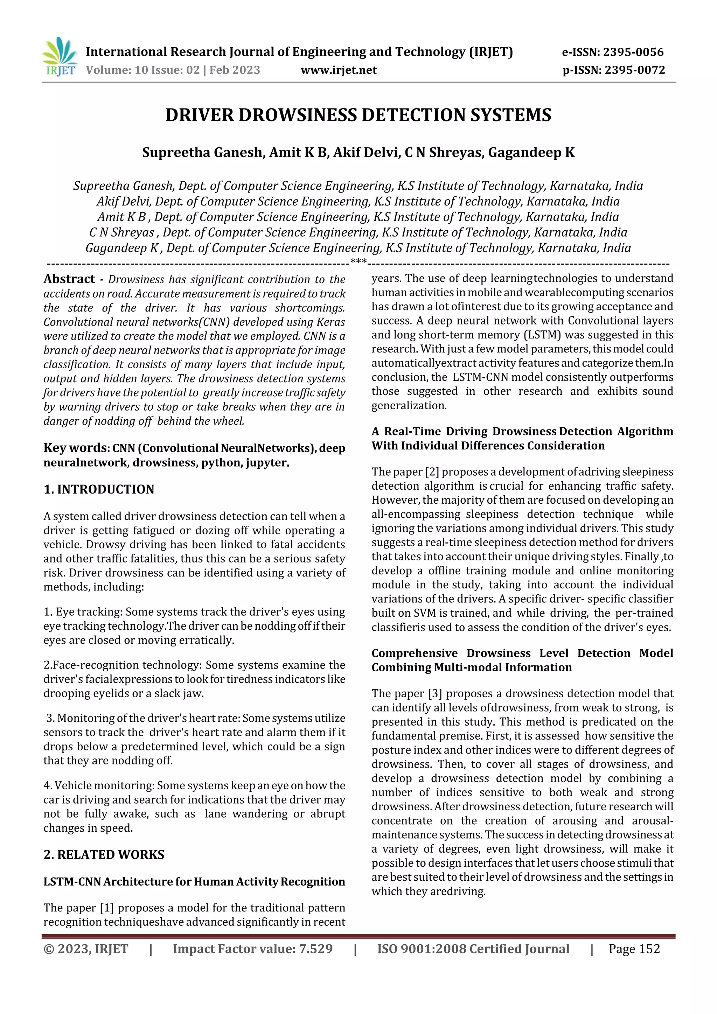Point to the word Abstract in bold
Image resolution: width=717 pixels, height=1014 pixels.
[x=69, y=279]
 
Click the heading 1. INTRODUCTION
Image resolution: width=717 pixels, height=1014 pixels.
[x=99, y=489]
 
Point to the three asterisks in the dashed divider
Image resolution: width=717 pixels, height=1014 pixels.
[x=358, y=262]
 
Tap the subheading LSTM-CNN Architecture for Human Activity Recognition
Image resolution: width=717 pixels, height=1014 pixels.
[x=194, y=881]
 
